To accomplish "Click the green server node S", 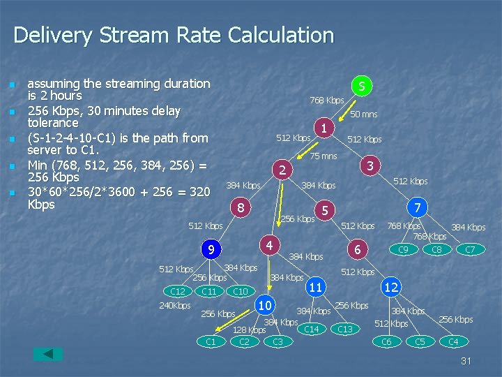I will coord(361,87).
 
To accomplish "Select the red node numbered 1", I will coord(324,127).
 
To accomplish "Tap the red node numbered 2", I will coord(282,170).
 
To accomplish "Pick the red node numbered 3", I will coord(371,165).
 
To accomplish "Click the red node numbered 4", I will coord(270,244).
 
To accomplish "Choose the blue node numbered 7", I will coord(416,208).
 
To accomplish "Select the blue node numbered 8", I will coord(239,207).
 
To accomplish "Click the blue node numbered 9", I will coord(210,249).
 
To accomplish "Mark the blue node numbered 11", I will coord(316,286).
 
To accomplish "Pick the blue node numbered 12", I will coord(391,286).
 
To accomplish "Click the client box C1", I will coord(211,341).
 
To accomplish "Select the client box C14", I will coord(312,329).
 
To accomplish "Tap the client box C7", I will coord(470,249).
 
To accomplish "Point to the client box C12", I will coord(178,291).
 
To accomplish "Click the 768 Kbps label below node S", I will coord(326,101).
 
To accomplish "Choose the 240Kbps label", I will coord(174,306).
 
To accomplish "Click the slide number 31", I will coord(466,361).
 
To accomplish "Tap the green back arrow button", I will coord(48,354).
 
